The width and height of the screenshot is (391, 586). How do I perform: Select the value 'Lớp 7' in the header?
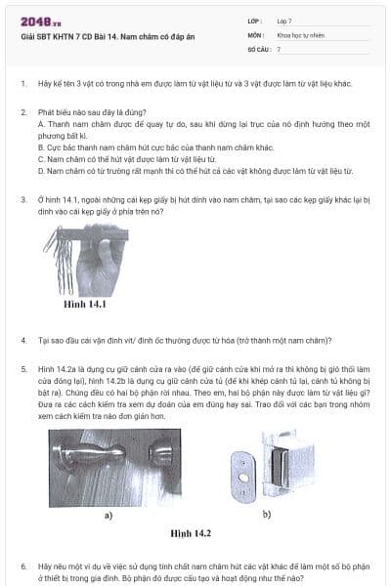pyautogui.click(x=284, y=21)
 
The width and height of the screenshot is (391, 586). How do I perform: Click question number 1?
pyautogui.click(x=23, y=84)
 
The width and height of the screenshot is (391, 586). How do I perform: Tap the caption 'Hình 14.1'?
pyautogui.click(x=84, y=305)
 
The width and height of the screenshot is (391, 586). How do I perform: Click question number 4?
pyautogui.click(x=23, y=340)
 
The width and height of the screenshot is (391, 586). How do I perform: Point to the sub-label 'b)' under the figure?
pyautogui.click(x=267, y=512)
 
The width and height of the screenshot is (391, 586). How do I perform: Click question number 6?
pyautogui.click(x=23, y=565)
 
